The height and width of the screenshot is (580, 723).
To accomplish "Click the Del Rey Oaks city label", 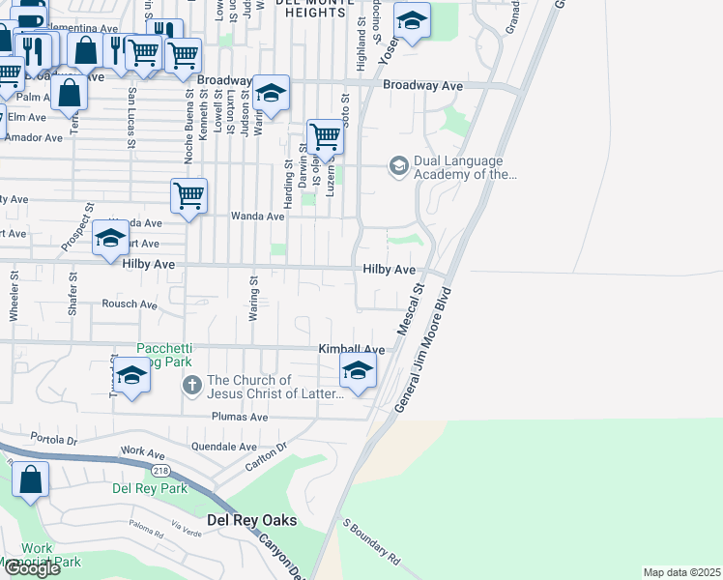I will pos(252,520).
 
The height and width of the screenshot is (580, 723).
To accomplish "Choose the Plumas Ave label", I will pos(240,417).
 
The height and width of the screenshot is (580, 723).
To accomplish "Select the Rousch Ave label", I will pos(130,304).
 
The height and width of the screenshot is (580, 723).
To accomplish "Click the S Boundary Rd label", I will pos(371,542).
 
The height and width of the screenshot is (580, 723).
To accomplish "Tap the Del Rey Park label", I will pos(149,488).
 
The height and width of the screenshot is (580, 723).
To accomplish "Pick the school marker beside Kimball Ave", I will pos(358,370).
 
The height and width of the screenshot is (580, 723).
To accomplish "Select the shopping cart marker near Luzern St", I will pos(326,136).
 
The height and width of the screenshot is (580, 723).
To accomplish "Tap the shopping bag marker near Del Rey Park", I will pos(31,479).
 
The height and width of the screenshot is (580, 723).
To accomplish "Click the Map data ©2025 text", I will pos(681,572).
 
